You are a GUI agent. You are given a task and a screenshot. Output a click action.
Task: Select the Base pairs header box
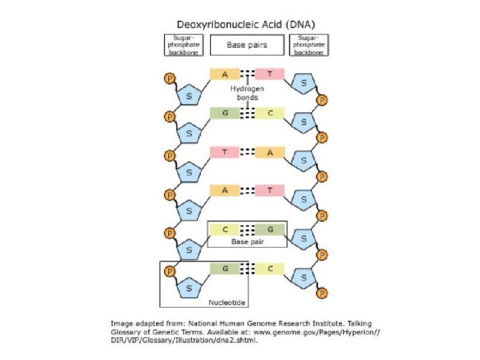click(x=247, y=45)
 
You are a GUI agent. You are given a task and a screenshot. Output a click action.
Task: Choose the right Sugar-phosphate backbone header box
click(x=309, y=45)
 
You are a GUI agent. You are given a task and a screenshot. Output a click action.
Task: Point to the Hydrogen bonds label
click(x=247, y=93)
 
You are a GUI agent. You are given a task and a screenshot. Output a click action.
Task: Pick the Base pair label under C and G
click(x=247, y=243)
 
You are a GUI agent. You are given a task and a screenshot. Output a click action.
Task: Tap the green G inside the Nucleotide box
click(x=225, y=269)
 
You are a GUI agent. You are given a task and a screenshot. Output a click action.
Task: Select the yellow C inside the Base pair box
click(x=225, y=229)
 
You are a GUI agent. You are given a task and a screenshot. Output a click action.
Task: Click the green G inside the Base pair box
click(x=270, y=229)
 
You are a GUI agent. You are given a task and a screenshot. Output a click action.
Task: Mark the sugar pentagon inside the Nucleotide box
click(x=190, y=287)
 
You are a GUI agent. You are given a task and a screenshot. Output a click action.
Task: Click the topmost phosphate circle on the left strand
click(x=170, y=79)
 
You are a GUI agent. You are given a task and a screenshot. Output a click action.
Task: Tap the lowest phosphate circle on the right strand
click(x=322, y=293)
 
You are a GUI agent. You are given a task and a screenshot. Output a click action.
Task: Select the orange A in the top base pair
click(x=224, y=74)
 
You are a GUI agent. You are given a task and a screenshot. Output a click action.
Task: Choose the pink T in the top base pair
click(x=269, y=74)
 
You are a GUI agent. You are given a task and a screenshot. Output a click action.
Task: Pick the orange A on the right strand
click(x=270, y=152)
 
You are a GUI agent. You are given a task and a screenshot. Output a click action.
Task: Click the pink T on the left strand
click(x=224, y=152)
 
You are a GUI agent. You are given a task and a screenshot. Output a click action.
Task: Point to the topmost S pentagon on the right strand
click(x=304, y=84)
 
